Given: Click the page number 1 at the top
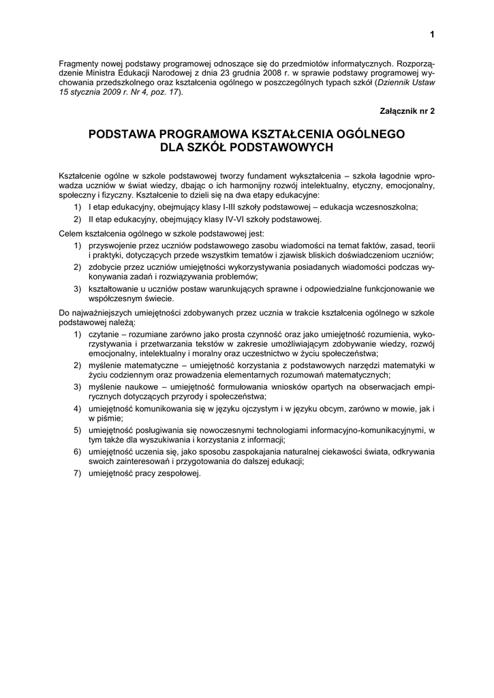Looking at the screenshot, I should click(431, 35).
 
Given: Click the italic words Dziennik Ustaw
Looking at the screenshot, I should click(407, 82).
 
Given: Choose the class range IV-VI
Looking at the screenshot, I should click(201, 219).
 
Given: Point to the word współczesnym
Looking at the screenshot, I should click(115, 298).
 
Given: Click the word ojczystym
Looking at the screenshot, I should click(253, 408).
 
